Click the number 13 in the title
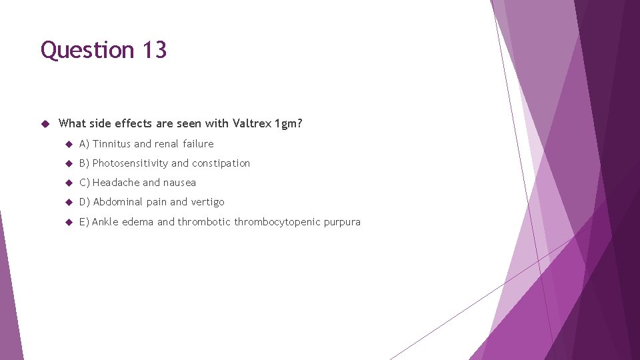click(153, 50)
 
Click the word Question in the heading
click(87, 50)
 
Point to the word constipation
click(221, 163)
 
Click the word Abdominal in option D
click(117, 202)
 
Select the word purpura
click(342, 222)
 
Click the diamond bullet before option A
click(68, 144)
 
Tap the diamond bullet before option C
click(68, 183)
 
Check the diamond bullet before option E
click(68, 222)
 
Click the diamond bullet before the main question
click(45, 123)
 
